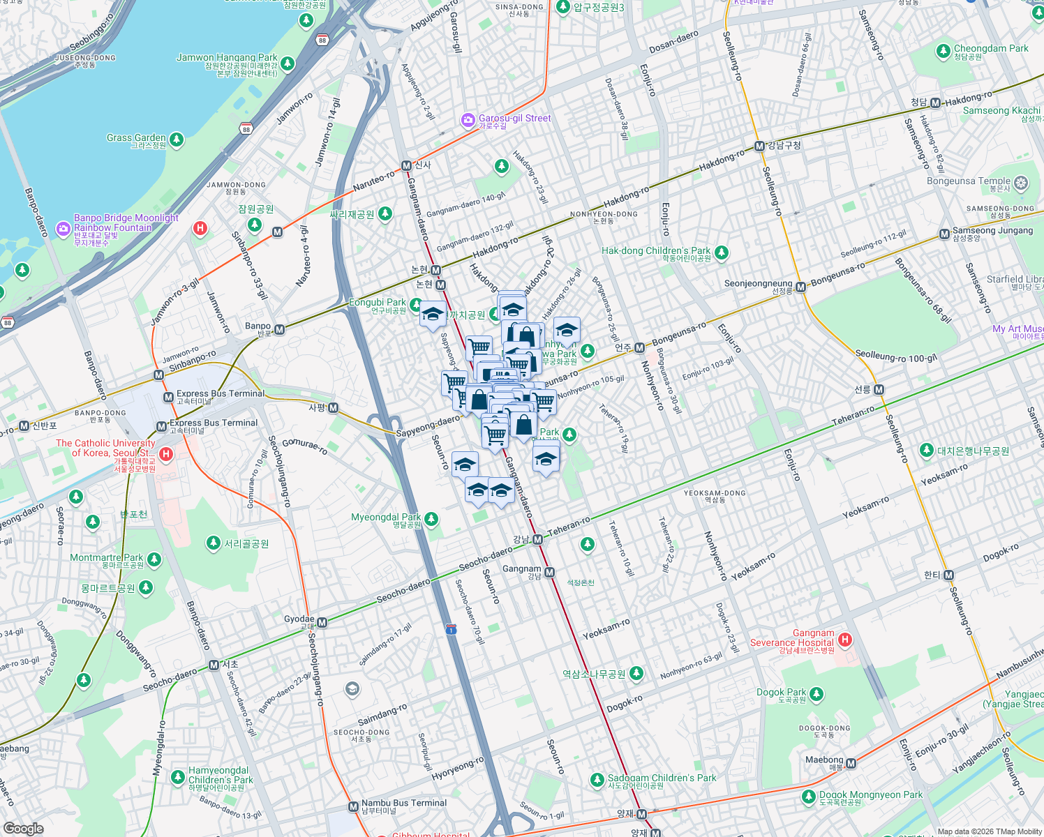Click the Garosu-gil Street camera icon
click(468, 121)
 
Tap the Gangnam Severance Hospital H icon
click(845, 640)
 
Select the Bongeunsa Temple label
click(969, 181)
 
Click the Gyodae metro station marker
click(322, 622)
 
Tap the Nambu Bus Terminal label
click(403, 803)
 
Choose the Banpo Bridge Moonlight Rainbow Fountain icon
click(63, 228)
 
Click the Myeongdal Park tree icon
click(431, 519)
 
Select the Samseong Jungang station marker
click(944, 234)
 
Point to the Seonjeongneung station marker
click(801, 287)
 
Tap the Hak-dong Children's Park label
click(656, 250)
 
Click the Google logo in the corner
click(23, 828)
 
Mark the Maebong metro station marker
click(851, 764)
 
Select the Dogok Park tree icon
click(816, 695)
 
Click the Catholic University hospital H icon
click(166, 455)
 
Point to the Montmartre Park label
click(106, 557)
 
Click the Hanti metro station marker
click(948, 575)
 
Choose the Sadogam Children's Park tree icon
click(597, 780)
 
